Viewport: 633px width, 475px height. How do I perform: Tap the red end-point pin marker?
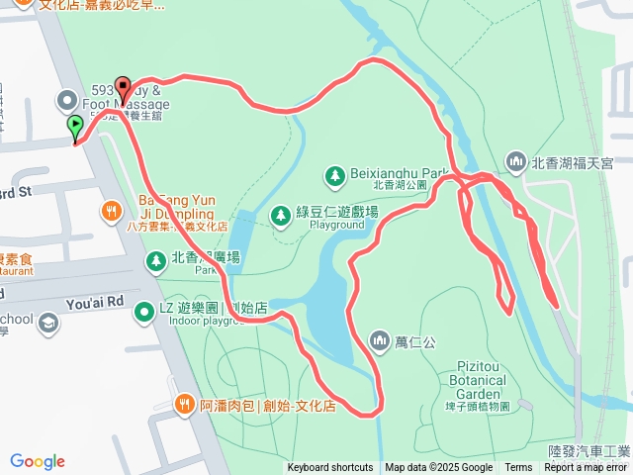tap(123, 87)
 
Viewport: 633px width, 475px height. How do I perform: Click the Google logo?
tap(38, 461)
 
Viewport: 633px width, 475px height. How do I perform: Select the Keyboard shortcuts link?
tap(330, 468)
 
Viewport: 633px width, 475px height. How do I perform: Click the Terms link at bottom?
tap(518, 468)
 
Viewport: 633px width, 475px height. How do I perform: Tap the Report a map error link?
tap(586, 468)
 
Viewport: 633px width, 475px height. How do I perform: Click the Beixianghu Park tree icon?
tap(334, 175)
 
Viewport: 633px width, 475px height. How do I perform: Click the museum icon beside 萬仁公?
tap(380, 341)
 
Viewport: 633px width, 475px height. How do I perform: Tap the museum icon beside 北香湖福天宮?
tap(514, 161)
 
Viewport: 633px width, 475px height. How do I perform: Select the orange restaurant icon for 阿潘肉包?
tap(184, 404)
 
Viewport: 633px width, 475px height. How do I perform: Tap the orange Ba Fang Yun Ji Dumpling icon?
tap(111, 210)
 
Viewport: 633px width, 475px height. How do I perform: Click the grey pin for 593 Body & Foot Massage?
tap(67, 99)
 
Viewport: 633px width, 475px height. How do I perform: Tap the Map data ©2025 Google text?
tap(438, 468)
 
